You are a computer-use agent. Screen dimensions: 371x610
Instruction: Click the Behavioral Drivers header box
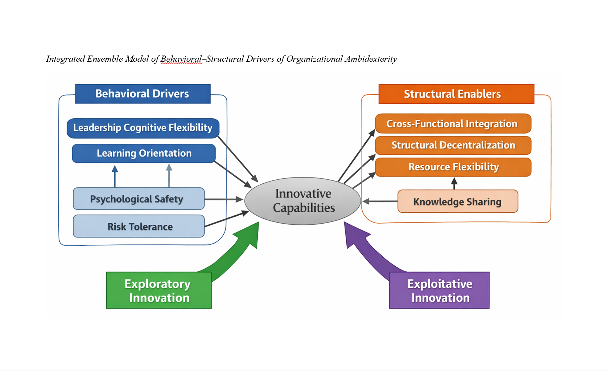pos(143,94)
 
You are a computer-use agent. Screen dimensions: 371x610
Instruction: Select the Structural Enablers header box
pos(456,94)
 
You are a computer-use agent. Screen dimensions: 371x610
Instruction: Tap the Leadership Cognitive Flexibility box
pos(143,128)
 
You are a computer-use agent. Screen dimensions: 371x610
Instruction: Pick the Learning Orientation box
pos(144,153)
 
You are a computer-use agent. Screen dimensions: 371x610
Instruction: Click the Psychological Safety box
pos(139,199)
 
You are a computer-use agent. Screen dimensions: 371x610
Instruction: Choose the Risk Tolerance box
pos(139,226)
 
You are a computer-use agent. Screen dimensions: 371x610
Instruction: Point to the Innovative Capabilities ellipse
pos(303,201)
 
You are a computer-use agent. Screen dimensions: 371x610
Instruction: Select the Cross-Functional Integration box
pos(453,124)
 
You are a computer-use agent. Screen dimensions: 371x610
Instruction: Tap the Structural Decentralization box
pos(453,145)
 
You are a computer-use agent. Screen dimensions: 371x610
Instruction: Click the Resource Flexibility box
pos(453,167)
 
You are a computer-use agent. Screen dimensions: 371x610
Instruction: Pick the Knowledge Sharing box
pos(457,201)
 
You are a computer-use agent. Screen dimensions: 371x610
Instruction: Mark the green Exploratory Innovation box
pos(158,290)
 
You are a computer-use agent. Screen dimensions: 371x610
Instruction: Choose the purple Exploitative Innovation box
pos(439,290)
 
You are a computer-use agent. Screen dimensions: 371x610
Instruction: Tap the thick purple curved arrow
pos(366,250)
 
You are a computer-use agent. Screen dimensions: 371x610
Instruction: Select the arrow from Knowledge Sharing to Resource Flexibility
pos(454,183)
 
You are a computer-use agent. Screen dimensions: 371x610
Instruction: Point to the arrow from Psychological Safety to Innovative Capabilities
pos(223,199)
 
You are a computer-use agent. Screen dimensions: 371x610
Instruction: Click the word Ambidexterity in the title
pos(371,59)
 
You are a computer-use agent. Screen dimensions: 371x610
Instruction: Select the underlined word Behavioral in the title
pos(181,59)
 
